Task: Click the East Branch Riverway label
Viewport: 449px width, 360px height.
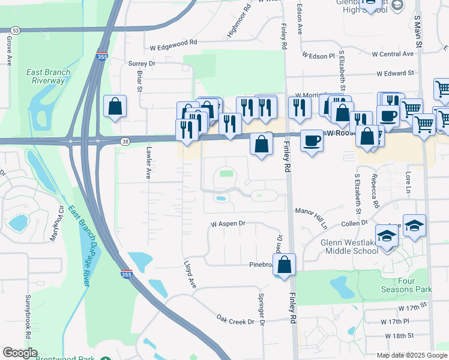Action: point(49,77)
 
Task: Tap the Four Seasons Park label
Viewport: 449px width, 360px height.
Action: point(406,285)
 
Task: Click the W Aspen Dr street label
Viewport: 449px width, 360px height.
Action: point(228,224)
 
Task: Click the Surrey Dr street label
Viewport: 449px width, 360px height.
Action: point(142,63)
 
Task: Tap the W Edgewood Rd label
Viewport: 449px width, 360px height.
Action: point(173,43)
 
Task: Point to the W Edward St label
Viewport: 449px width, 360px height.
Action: point(396,73)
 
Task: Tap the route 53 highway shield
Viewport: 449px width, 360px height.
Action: point(16,30)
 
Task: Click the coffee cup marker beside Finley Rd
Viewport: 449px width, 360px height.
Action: point(311,141)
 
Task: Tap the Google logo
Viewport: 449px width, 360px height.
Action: point(20,353)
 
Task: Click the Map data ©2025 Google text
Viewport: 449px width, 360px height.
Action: point(411,355)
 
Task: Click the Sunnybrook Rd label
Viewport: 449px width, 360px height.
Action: point(28,314)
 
